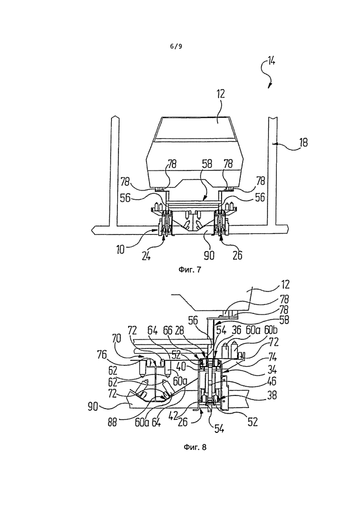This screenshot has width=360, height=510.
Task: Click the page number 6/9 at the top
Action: click(176, 46)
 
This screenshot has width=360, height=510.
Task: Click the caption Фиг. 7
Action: click(190, 270)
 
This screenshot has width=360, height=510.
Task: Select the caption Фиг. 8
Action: click(195, 447)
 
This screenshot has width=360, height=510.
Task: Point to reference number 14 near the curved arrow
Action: click(271, 61)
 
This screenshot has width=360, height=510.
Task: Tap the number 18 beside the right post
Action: click(303, 142)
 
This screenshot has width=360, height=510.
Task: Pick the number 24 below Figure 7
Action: click(146, 256)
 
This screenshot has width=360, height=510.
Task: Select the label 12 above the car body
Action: click(221, 94)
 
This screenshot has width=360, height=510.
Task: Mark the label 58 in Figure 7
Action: click(207, 164)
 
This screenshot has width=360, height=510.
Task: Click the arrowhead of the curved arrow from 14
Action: click(269, 86)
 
